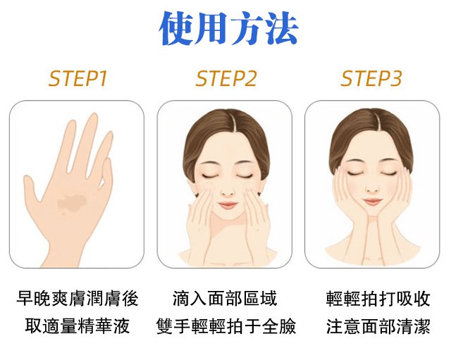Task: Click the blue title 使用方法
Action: coord(228,29)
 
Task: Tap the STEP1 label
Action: coord(78,78)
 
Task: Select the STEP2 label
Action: coord(225,78)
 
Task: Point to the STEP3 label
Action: coord(371,78)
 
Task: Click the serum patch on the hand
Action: coord(72,204)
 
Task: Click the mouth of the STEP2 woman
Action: coord(228,205)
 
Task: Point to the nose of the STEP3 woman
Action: coord(372,190)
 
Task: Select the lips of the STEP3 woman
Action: coord(372,201)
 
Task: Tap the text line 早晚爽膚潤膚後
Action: coord(77,299)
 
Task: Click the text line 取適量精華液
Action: coord(77,325)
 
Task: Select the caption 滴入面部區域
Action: coord(225,299)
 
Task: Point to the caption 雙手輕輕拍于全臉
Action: coord(226,325)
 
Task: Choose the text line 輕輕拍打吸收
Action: coord(378,299)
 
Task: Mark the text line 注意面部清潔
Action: coord(378,325)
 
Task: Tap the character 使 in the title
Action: coord(176,29)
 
